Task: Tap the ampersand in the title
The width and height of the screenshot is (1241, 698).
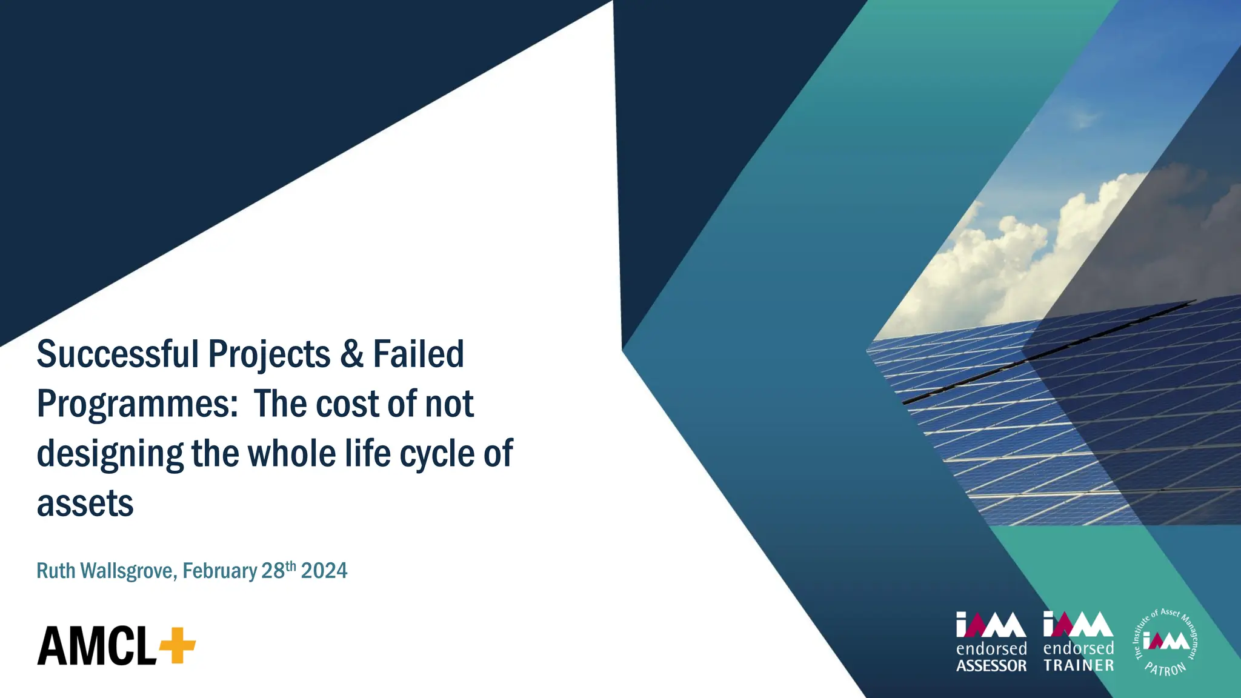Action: (351, 354)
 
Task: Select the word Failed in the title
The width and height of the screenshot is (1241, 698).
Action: (418, 354)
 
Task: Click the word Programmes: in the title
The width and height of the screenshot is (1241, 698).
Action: (138, 405)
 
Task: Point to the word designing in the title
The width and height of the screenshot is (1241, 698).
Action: (110, 454)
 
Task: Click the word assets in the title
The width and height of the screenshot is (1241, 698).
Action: (85, 504)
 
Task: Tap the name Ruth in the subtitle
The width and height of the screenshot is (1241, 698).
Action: (56, 571)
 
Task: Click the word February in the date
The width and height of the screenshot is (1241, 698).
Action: (220, 571)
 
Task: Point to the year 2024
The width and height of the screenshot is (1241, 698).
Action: (324, 571)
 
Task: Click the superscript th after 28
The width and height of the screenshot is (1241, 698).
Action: (291, 566)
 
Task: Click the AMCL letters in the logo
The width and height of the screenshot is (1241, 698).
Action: (97, 646)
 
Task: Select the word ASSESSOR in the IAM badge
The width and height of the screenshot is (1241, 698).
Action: (991, 666)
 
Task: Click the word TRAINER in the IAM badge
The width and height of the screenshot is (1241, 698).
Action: (1079, 665)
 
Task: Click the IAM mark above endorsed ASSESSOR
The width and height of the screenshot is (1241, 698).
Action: (991, 625)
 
